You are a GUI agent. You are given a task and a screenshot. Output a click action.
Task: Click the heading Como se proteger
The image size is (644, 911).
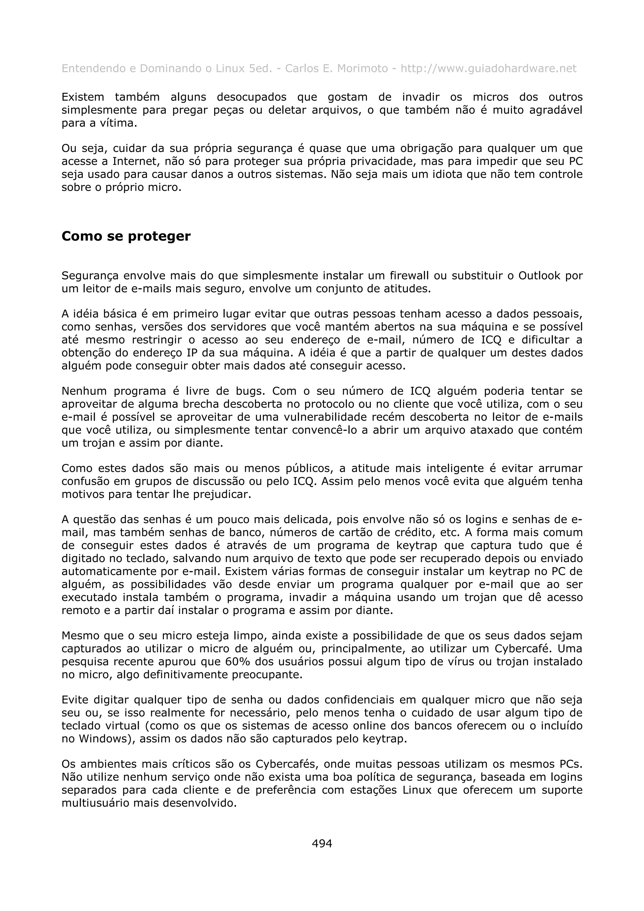click(126, 236)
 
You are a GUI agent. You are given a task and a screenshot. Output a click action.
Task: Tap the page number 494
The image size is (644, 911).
click(322, 843)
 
